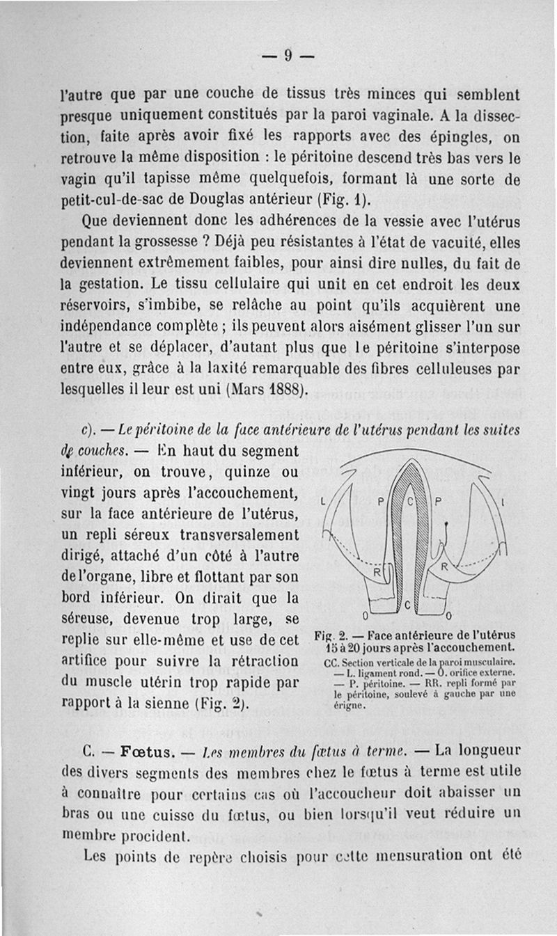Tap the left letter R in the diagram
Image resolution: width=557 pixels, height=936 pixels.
(375, 573)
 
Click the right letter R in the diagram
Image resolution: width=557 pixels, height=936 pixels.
(443, 567)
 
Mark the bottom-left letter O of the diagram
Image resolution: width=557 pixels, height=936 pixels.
(366, 616)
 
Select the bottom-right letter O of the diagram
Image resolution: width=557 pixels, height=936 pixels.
(448, 616)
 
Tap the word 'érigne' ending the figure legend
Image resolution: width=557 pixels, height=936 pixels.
(340, 704)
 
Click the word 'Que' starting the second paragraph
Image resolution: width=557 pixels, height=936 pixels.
(95, 223)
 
